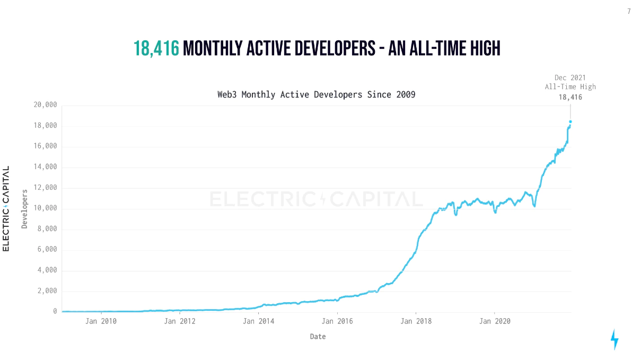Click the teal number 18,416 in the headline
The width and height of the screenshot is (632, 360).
coord(156,49)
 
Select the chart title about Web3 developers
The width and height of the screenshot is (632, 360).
coord(316,95)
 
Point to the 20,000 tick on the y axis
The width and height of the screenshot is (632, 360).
coord(45,105)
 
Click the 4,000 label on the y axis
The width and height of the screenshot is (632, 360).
coord(47,270)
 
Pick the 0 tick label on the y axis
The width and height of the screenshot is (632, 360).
coord(55,312)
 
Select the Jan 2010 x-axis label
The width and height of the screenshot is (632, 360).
coord(101,321)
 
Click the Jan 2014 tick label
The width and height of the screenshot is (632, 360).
coord(258,321)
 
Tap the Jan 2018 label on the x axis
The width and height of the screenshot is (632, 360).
coord(416,321)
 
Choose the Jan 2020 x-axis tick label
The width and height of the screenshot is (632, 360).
coord(494,321)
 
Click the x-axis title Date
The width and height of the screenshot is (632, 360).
coord(318,337)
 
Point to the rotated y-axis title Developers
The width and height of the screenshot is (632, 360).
coord(24,209)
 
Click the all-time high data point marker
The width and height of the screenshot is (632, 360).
coord(570,121)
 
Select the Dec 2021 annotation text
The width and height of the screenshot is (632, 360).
coord(570,77)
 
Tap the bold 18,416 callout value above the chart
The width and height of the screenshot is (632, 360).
coord(570,97)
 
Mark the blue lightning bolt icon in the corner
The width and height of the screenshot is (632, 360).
coord(615,339)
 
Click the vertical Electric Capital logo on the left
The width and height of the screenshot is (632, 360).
coord(6,208)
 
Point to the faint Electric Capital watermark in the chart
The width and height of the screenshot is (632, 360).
coord(316,199)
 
